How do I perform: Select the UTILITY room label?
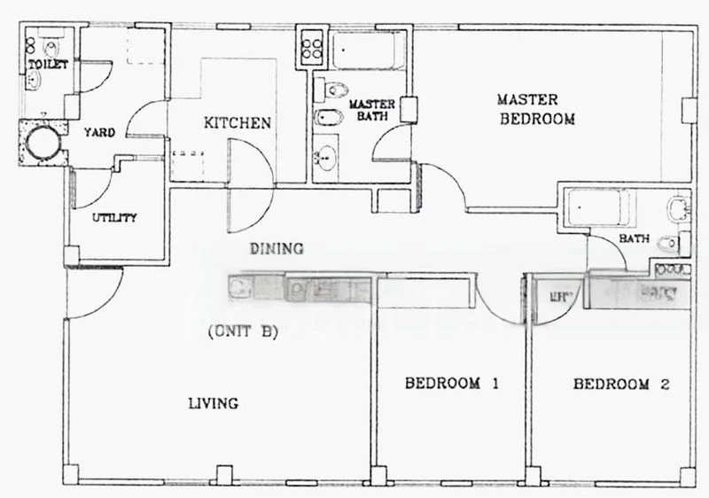(x=114, y=217)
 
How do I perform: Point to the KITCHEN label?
(x=238, y=122)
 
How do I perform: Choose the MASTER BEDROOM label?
(x=536, y=109)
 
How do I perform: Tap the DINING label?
(x=276, y=248)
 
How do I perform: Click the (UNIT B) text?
(x=243, y=333)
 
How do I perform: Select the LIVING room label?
(x=213, y=403)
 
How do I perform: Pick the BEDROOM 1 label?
(x=453, y=384)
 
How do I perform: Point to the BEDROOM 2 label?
(x=620, y=384)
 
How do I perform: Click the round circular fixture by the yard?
(x=41, y=142)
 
